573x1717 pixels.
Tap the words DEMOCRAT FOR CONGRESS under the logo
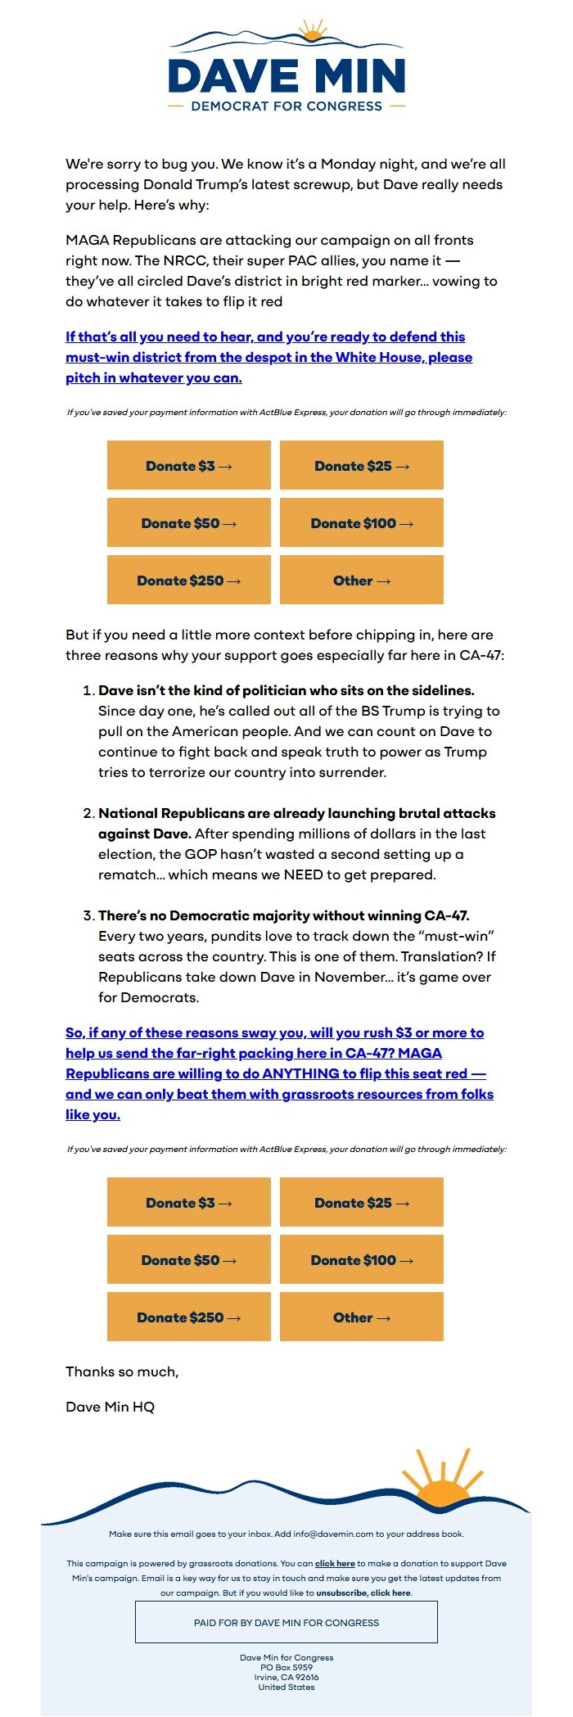pos(286,106)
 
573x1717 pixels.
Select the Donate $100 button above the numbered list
pos(362,523)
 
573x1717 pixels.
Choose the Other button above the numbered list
pos(362,581)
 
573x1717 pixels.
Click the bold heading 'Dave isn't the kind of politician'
pos(286,690)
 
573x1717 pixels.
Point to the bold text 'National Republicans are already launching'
pos(297,813)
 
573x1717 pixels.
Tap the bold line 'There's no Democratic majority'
pos(284,915)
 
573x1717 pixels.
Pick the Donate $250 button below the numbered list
pos(189,1317)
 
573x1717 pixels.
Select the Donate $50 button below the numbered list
pos(189,1260)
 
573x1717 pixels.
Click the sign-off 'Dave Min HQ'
pos(111,1407)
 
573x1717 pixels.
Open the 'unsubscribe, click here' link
pos(363,1593)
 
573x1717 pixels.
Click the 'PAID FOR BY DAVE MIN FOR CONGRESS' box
pos(286,1622)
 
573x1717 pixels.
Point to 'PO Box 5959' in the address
pos(286,1667)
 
